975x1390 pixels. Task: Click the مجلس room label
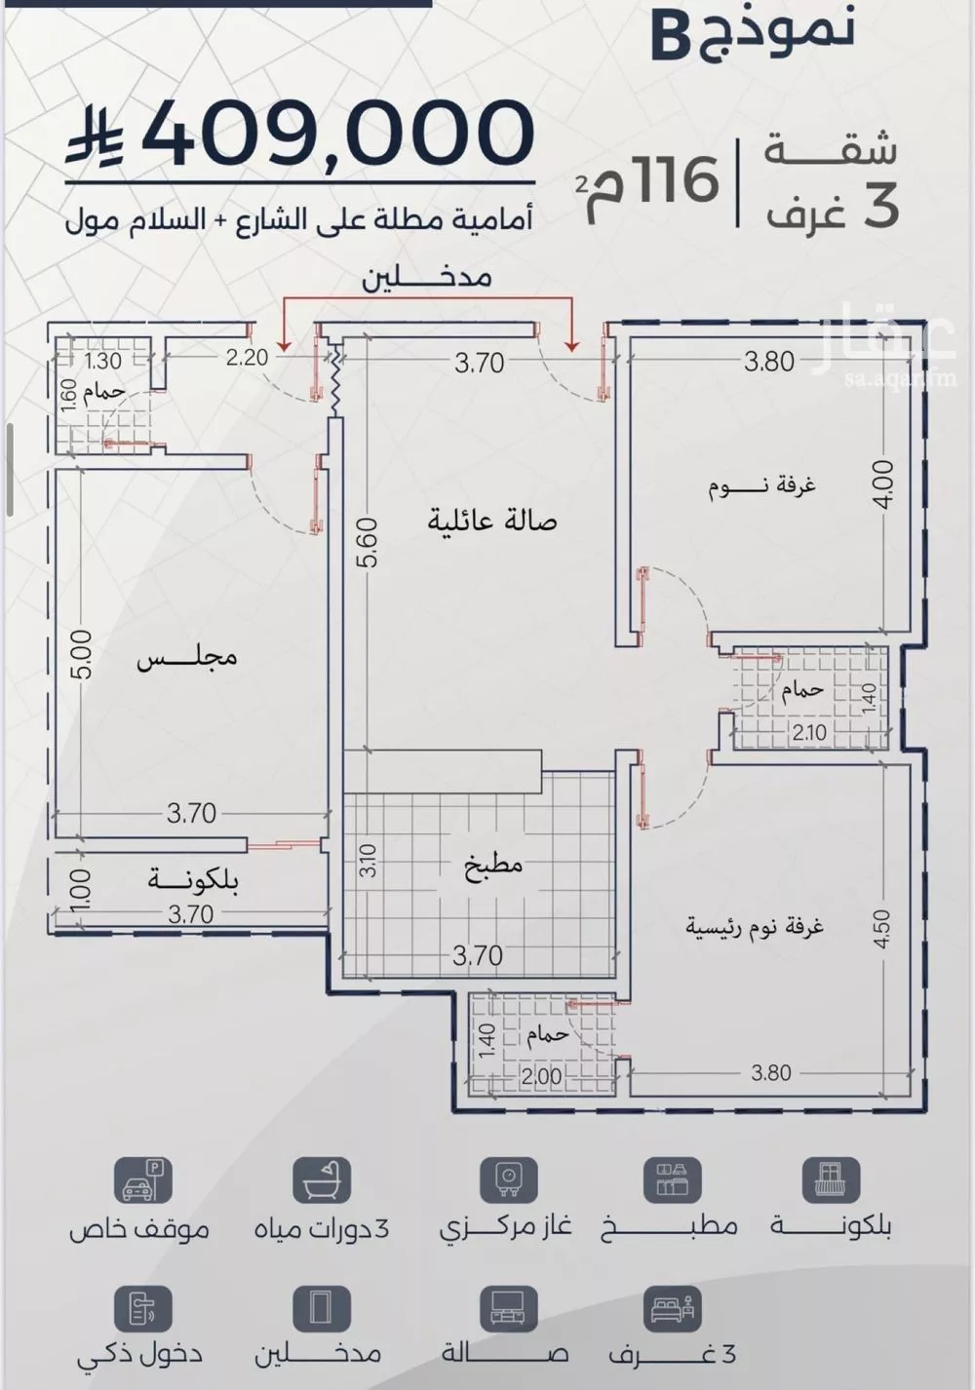tap(186, 658)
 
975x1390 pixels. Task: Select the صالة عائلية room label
tap(491, 521)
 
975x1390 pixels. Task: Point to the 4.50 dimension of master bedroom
tap(881, 929)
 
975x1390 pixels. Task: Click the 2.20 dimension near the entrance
tap(247, 358)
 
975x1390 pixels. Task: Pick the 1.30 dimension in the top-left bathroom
tap(103, 361)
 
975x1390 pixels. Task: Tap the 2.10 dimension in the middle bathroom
tap(809, 732)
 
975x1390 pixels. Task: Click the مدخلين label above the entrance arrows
tap(427, 278)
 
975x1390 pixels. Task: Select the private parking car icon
tap(142, 1180)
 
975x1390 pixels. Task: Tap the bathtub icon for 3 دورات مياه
tap(321, 1180)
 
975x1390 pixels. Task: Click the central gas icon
tap(508, 1180)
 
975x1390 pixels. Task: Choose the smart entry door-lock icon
tap(142, 1308)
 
